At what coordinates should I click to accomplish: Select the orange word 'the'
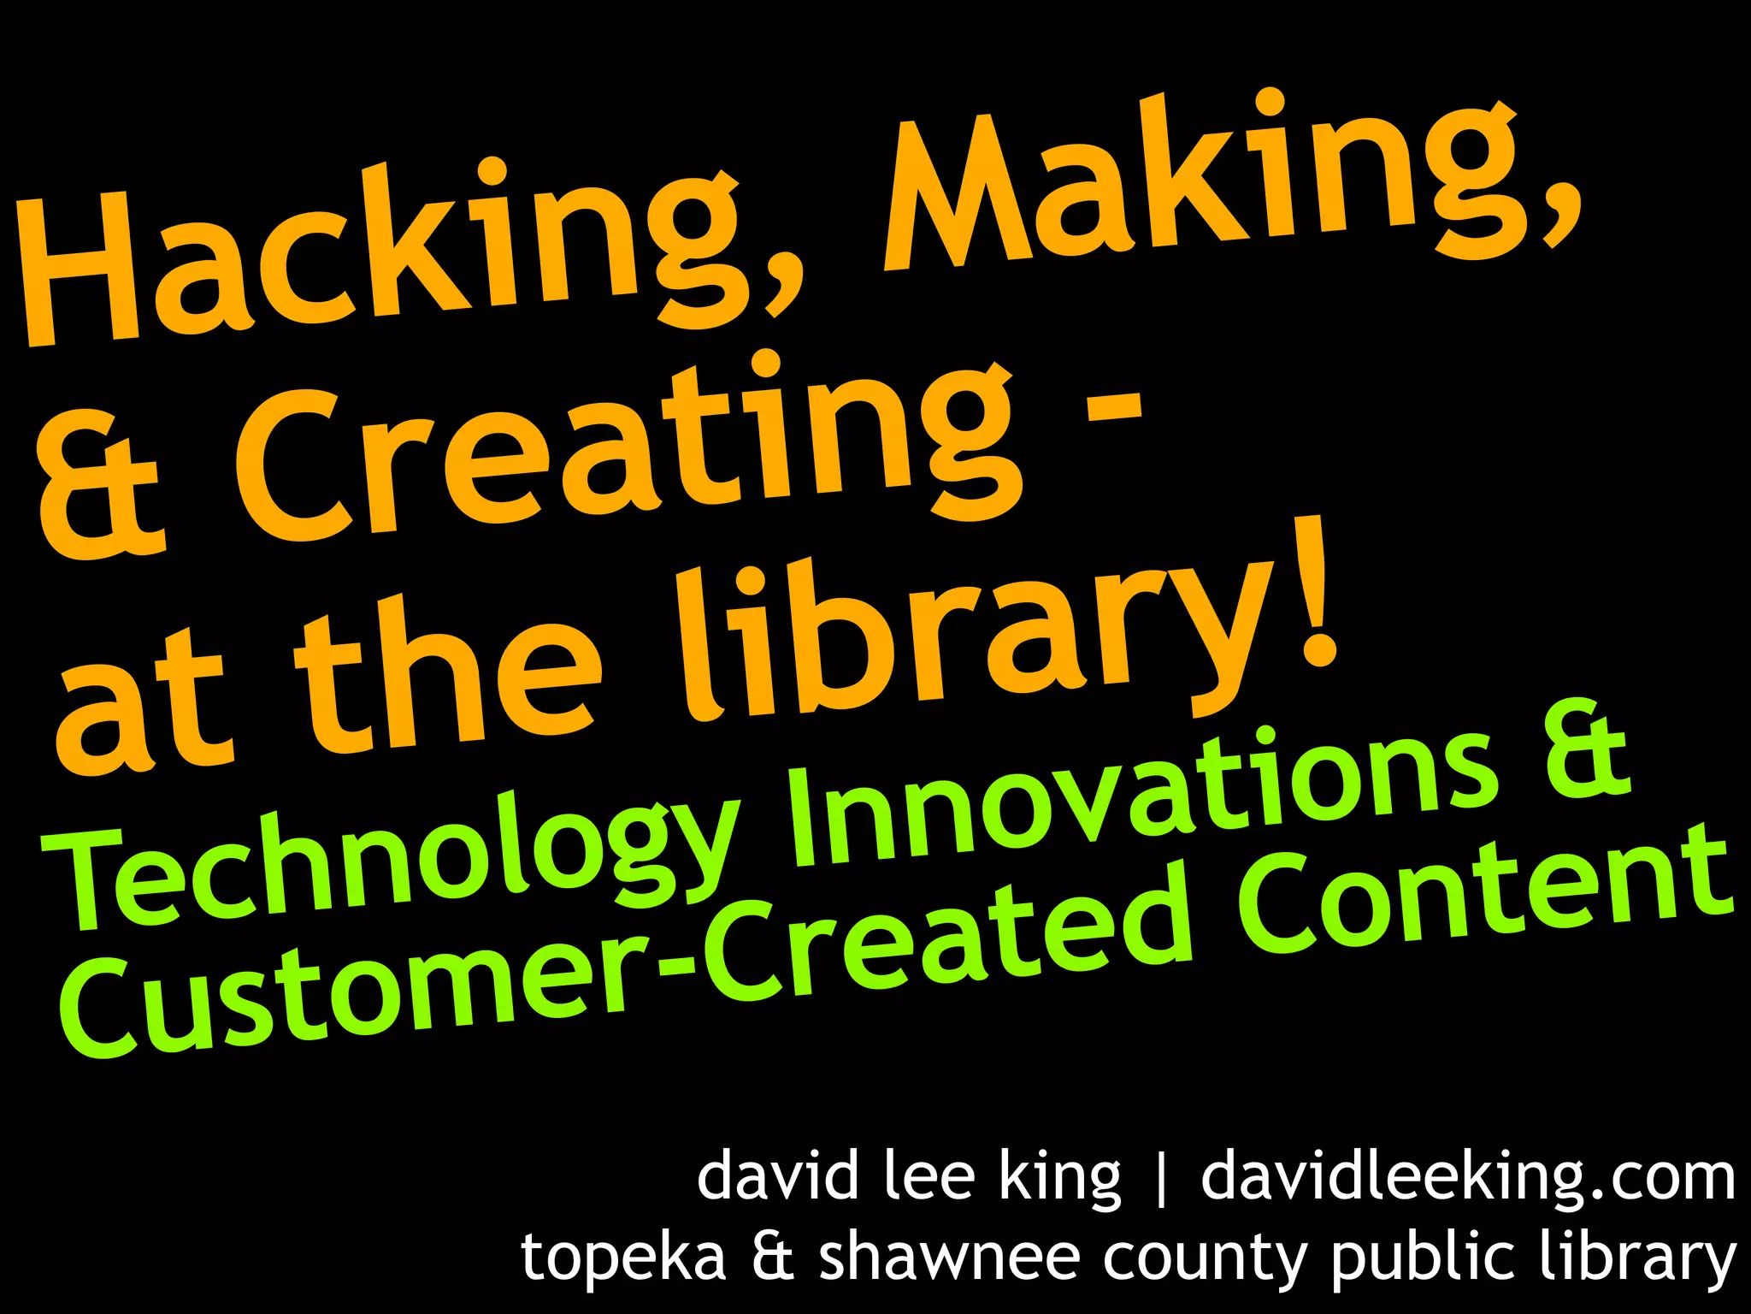tap(445, 684)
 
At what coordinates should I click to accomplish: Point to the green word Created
tap(949, 941)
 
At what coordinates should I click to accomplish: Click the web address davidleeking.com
tap(1467, 1179)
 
